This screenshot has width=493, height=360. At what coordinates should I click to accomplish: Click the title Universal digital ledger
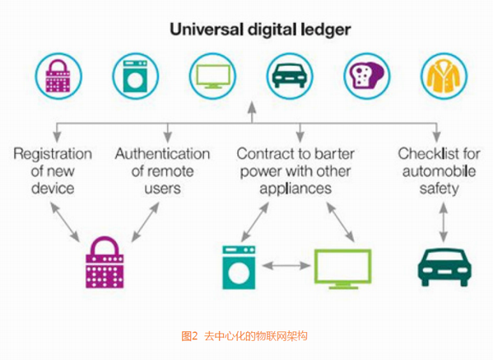point(260,30)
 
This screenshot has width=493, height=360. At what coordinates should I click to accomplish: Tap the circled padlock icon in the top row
point(58,76)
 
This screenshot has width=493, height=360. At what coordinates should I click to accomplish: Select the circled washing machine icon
point(136,76)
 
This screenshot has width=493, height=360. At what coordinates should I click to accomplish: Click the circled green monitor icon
point(213,76)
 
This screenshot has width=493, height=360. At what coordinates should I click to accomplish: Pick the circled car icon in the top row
point(290,76)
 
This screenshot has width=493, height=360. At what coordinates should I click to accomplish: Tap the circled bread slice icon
point(366,76)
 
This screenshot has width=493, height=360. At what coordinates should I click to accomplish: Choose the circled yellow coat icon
point(444,76)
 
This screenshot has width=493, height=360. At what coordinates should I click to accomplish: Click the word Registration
point(53,155)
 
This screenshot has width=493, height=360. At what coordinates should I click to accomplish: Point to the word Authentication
point(163,154)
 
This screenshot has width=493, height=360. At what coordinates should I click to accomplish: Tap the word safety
point(439,189)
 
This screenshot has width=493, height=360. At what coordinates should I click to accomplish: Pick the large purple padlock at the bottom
point(105,262)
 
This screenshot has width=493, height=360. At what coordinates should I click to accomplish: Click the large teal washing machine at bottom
point(239,267)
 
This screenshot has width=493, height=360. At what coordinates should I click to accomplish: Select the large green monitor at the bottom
point(343,269)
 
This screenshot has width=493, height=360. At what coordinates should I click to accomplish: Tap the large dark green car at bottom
point(444,267)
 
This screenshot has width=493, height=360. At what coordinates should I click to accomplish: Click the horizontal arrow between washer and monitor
point(286,266)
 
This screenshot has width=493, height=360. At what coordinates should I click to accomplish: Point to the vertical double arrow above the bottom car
point(444,222)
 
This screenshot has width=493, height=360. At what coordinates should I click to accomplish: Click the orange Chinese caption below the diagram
point(244,336)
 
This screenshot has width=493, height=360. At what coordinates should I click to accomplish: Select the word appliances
point(295,189)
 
